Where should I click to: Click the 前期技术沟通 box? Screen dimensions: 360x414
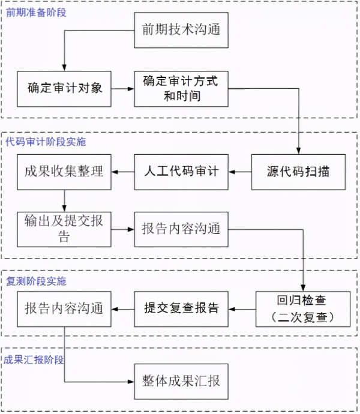click(x=181, y=30)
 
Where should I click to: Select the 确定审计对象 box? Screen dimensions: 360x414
click(x=64, y=89)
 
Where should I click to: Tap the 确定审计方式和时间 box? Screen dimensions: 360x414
click(x=181, y=89)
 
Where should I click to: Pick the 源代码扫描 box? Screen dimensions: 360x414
click(x=298, y=172)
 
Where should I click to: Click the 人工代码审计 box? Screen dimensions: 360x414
click(x=181, y=172)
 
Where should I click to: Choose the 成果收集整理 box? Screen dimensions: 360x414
click(x=64, y=172)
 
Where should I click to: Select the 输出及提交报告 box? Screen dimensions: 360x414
click(x=64, y=229)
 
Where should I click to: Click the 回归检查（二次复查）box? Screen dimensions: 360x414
click(x=303, y=309)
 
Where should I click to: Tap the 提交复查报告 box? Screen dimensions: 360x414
click(x=181, y=309)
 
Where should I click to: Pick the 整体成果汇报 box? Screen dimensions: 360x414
click(x=181, y=382)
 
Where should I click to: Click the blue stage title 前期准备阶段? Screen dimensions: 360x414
click(x=36, y=13)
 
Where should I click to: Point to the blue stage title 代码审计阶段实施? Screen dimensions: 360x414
click(x=46, y=142)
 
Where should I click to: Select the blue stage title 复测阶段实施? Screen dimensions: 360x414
click(x=36, y=281)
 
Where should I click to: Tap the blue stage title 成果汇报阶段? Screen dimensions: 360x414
click(x=34, y=359)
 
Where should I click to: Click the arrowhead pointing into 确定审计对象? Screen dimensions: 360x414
click(x=64, y=68)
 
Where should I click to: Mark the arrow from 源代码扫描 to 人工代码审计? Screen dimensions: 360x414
click(x=240, y=172)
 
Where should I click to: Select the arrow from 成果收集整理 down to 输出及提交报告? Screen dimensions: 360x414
click(x=64, y=200)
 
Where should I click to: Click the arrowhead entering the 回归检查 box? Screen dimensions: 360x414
click(x=303, y=288)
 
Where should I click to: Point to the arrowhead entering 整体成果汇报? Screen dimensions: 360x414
click(x=131, y=382)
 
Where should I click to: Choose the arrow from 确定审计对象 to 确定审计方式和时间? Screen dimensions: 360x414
click(x=122, y=89)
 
